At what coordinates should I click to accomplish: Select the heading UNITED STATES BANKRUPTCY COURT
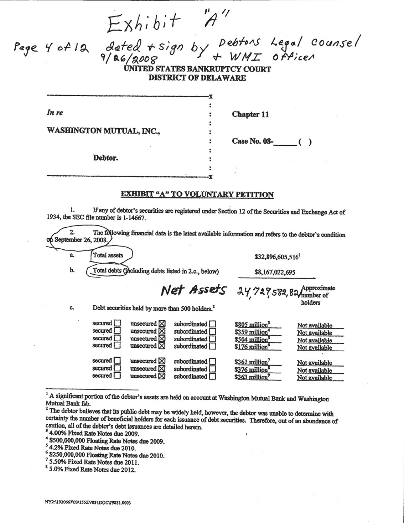click(x=197, y=69)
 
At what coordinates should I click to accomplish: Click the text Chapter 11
click(x=250, y=114)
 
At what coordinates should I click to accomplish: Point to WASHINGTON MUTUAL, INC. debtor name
click(x=103, y=131)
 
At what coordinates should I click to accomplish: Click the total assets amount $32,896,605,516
click(x=275, y=257)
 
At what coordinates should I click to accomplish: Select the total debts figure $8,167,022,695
click(x=275, y=273)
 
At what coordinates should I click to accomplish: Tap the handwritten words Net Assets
click(x=193, y=291)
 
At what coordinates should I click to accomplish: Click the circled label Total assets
click(x=108, y=255)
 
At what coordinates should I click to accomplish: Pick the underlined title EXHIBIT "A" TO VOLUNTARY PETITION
click(x=197, y=195)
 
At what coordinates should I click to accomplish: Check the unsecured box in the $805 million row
click(x=162, y=324)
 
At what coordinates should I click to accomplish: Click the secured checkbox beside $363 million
click(x=117, y=376)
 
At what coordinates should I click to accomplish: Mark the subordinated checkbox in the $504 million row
click(x=212, y=339)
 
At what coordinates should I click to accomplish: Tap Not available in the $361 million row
click(x=314, y=363)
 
